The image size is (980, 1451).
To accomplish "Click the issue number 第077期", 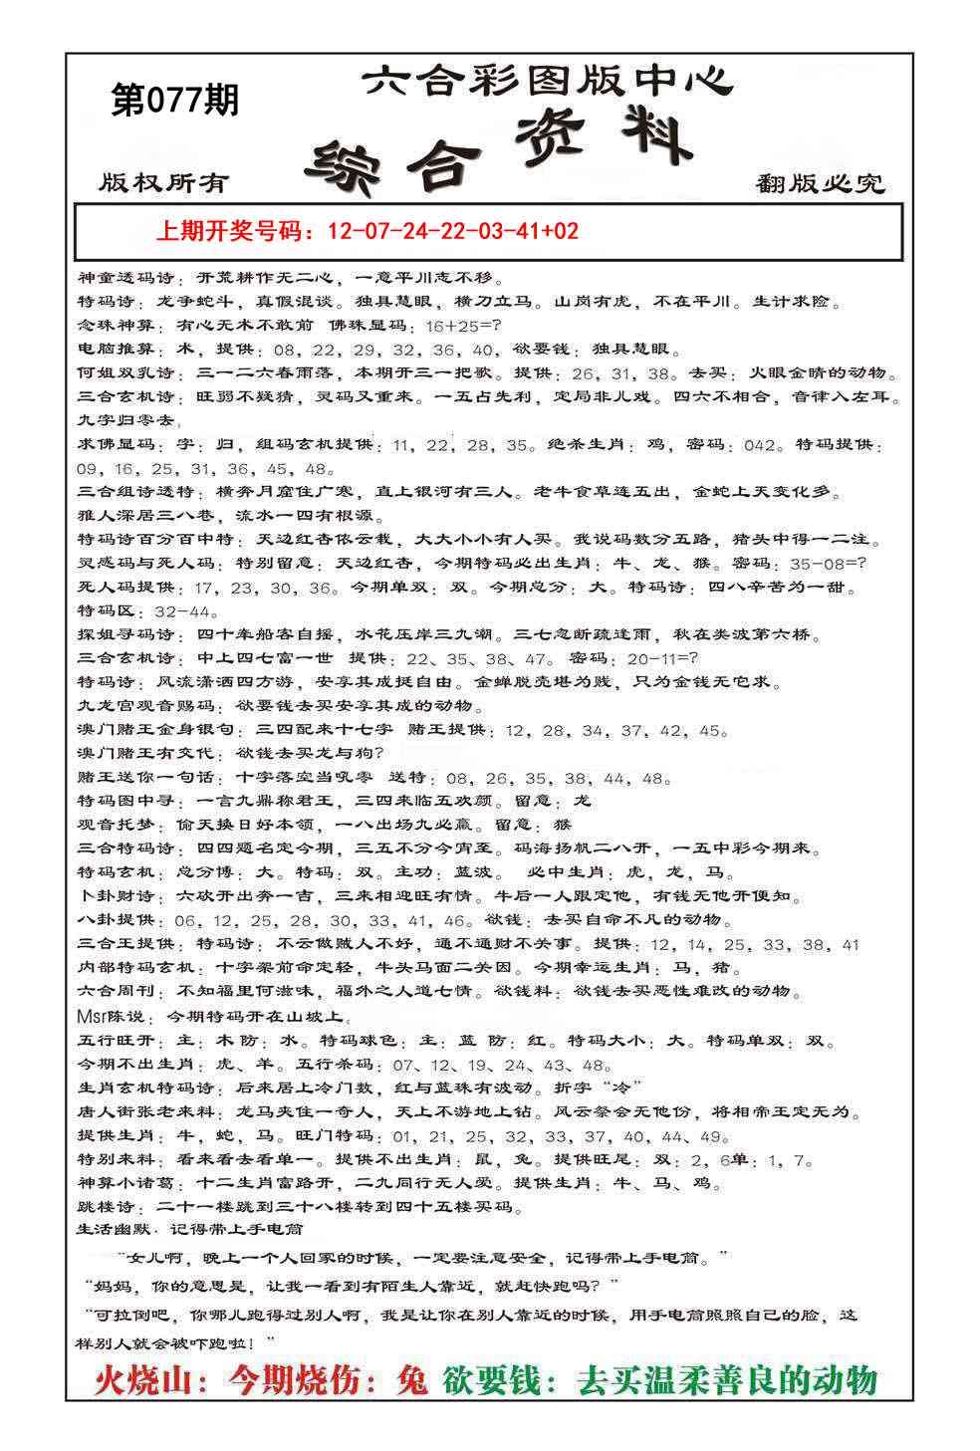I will (x=174, y=101).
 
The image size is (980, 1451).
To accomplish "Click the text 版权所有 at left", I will (x=164, y=183).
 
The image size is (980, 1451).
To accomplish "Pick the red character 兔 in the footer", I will (x=410, y=1381).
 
